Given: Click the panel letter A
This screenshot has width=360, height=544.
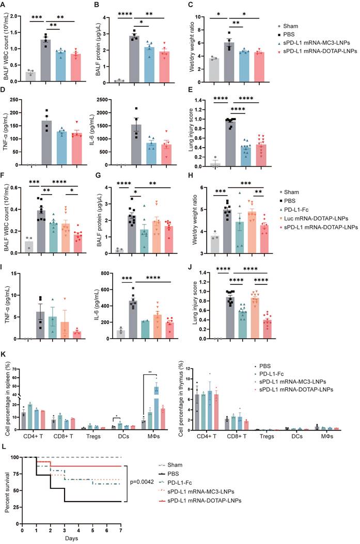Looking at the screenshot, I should point(7,5).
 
